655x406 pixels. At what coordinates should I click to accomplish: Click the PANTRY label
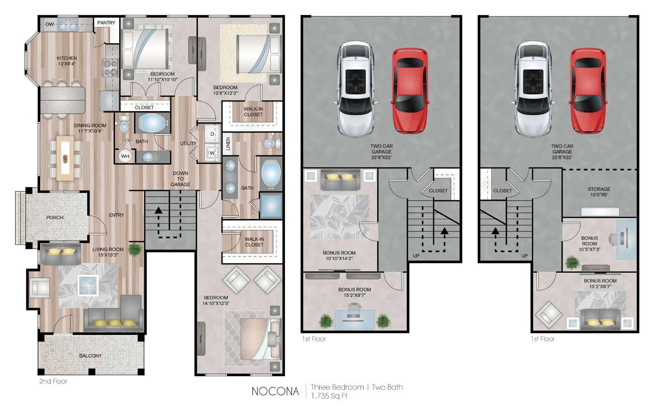pyautogui.click(x=106, y=22)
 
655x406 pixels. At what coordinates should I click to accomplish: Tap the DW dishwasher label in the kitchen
pyautogui.click(x=50, y=24)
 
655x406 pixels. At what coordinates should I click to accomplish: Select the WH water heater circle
pyautogui.click(x=125, y=156)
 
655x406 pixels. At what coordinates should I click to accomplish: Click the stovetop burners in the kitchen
pyautogui.click(x=110, y=68)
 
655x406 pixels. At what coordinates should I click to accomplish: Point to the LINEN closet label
pyautogui.click(x=228, y=144)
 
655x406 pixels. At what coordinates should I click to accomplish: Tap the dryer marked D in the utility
pyautogui.click(x=212, y=134)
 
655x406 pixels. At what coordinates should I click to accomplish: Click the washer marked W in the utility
pyautogui.click(x=212, y=153)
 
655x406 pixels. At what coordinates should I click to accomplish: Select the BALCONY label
pyautogui.click(x=90, y=355)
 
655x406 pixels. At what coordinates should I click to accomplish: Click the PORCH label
pyautogui.click(x=55, y=218)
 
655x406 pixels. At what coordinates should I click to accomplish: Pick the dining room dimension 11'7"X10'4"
pyautogui.click(x=90, y=131)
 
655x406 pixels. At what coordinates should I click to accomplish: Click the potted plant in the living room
pyautogui.click(x=135, y=250)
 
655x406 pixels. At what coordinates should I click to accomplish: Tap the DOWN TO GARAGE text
pyautogui.click(x=181, y=179)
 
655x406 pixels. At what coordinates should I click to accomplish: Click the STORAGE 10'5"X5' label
pyautogui.click(x=599, y=192)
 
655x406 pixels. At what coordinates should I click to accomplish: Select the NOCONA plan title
pyautogui.click(x=275, y=391)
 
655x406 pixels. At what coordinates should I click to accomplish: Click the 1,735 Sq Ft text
pyautogui.click(x=329, y=396)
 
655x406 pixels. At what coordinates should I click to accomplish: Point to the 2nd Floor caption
pyautogui.click(x=53, y=381)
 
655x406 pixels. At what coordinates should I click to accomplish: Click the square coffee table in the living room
pyautogui.click(x=88, y=285)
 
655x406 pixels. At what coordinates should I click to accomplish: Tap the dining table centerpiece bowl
pyautogui.click(x=65, y=159)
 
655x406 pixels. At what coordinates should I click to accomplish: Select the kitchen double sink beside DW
pyautogui.click(x=68, y=26)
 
